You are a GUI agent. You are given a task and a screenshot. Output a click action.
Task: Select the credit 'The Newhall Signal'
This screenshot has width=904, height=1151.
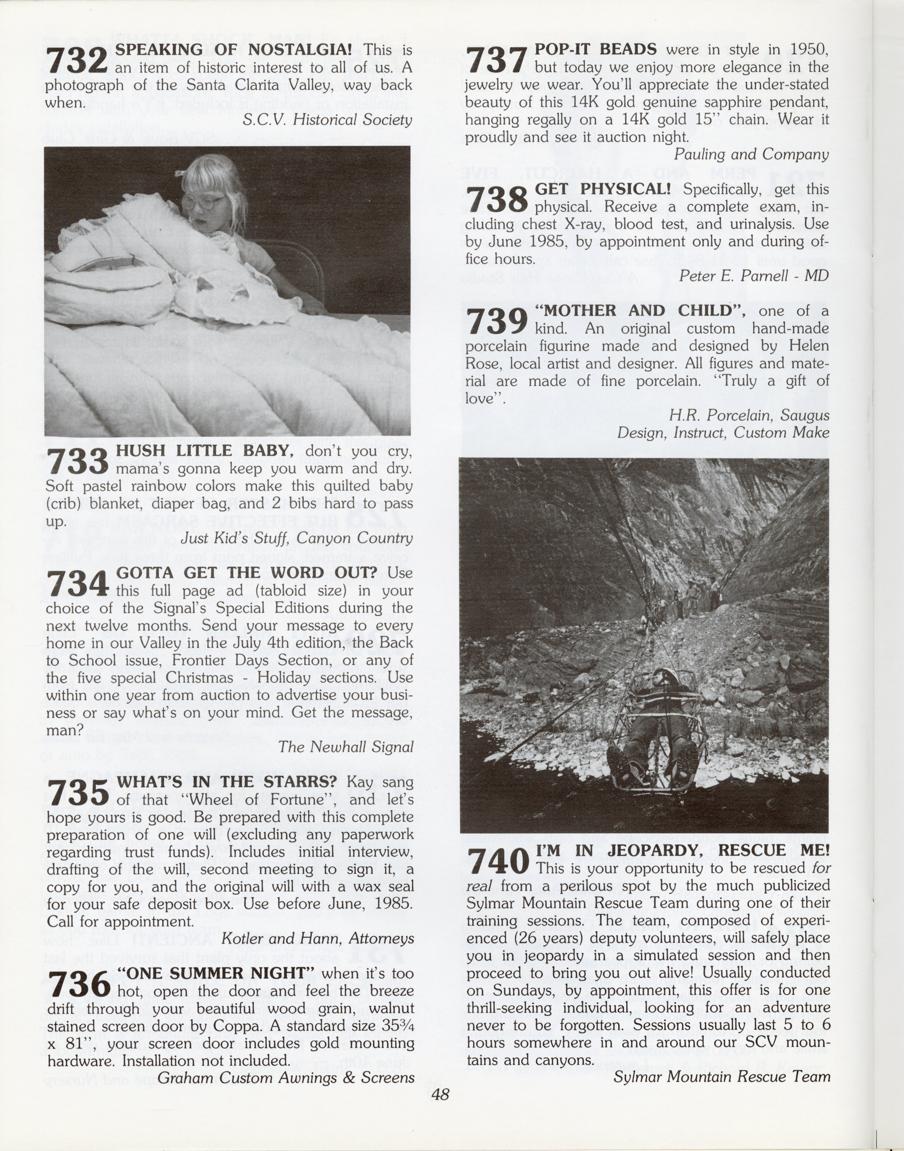pyautogui.click(x=346, y=747)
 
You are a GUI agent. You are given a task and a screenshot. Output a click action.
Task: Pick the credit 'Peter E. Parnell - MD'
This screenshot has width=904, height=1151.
pyautogui.click(x=754, y=276)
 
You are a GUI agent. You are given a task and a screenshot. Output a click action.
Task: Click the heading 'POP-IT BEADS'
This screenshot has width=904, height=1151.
pyautogui.click(x=595, y=49)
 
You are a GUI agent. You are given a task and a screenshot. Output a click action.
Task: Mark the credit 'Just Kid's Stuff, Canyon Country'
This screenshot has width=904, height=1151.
pyautogui.click(x=296, y=538)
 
